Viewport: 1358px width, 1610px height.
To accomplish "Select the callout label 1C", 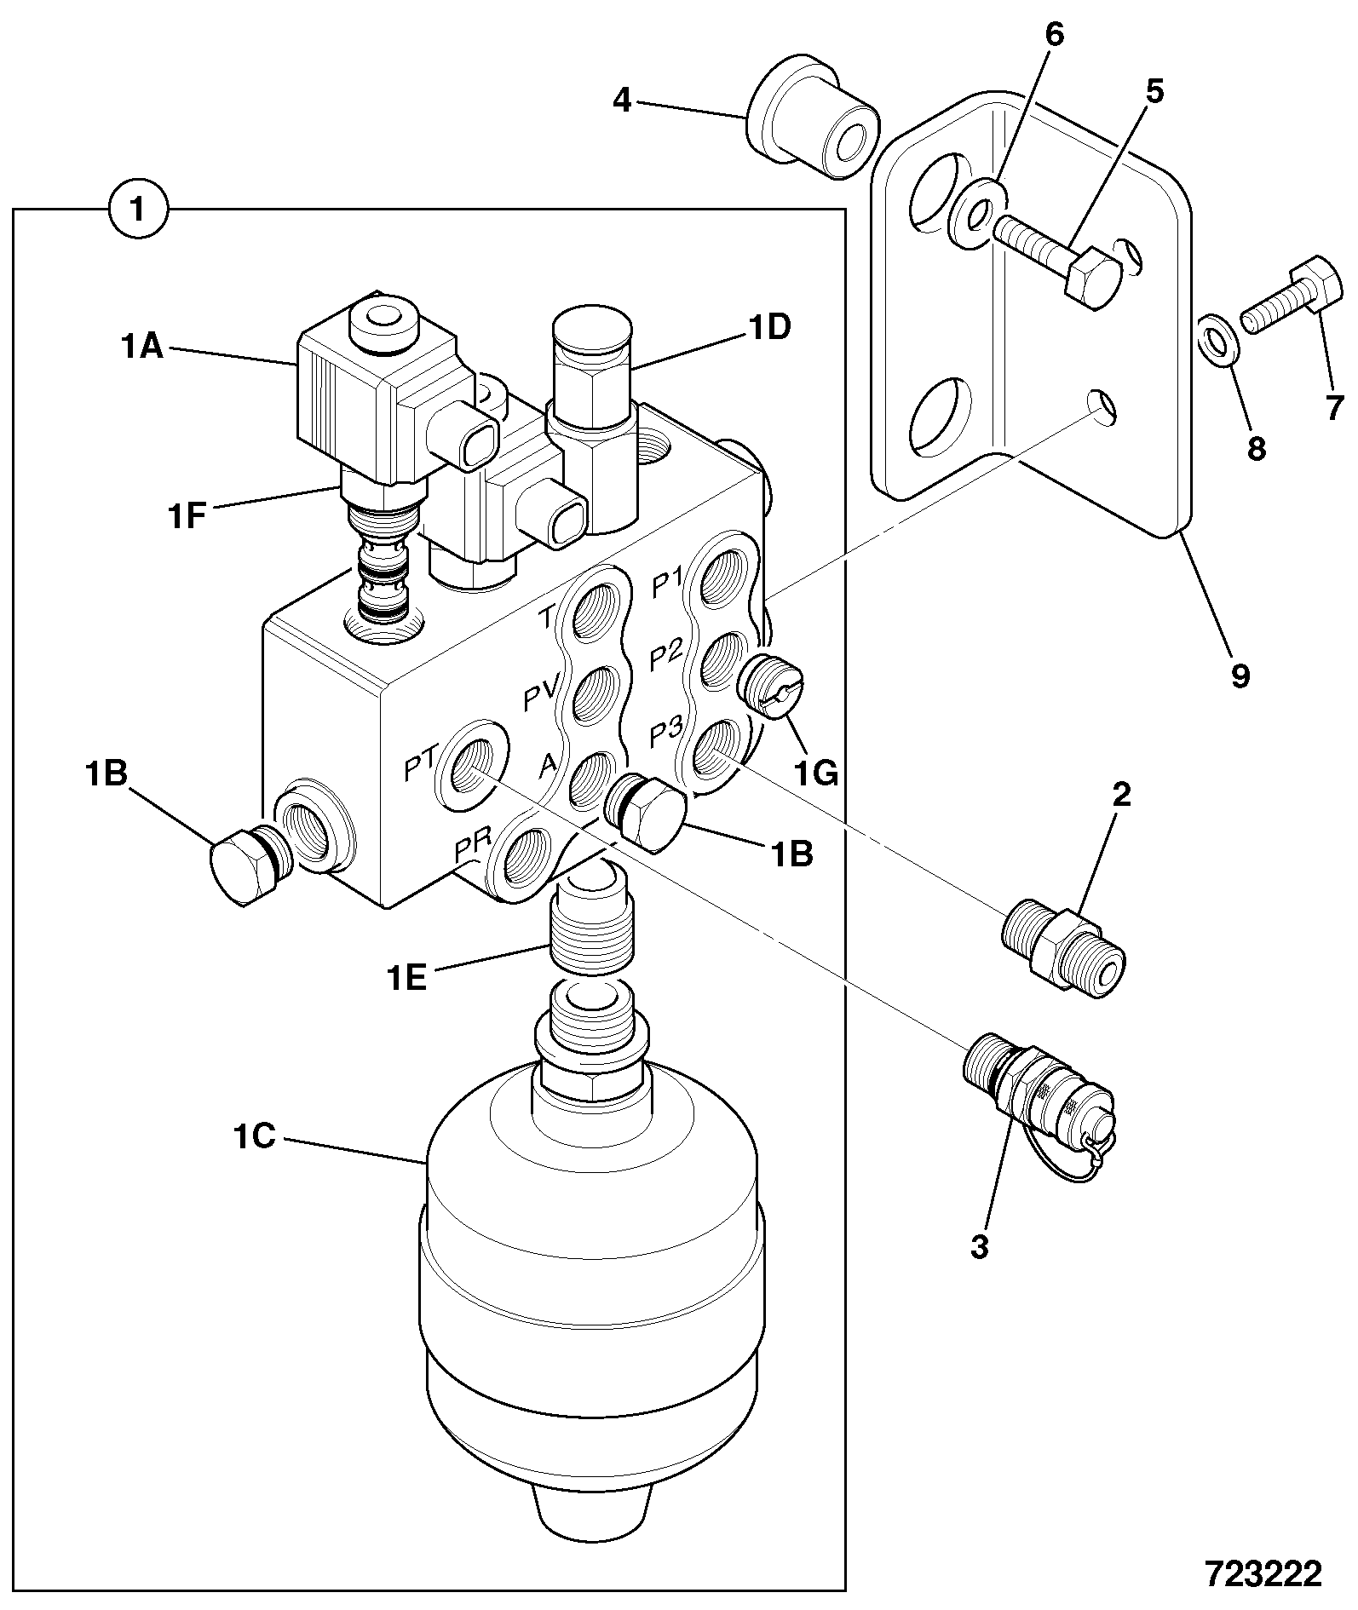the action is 255,1137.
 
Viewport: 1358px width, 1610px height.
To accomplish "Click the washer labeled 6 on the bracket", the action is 978,213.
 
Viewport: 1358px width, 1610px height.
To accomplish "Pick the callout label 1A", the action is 142,347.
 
